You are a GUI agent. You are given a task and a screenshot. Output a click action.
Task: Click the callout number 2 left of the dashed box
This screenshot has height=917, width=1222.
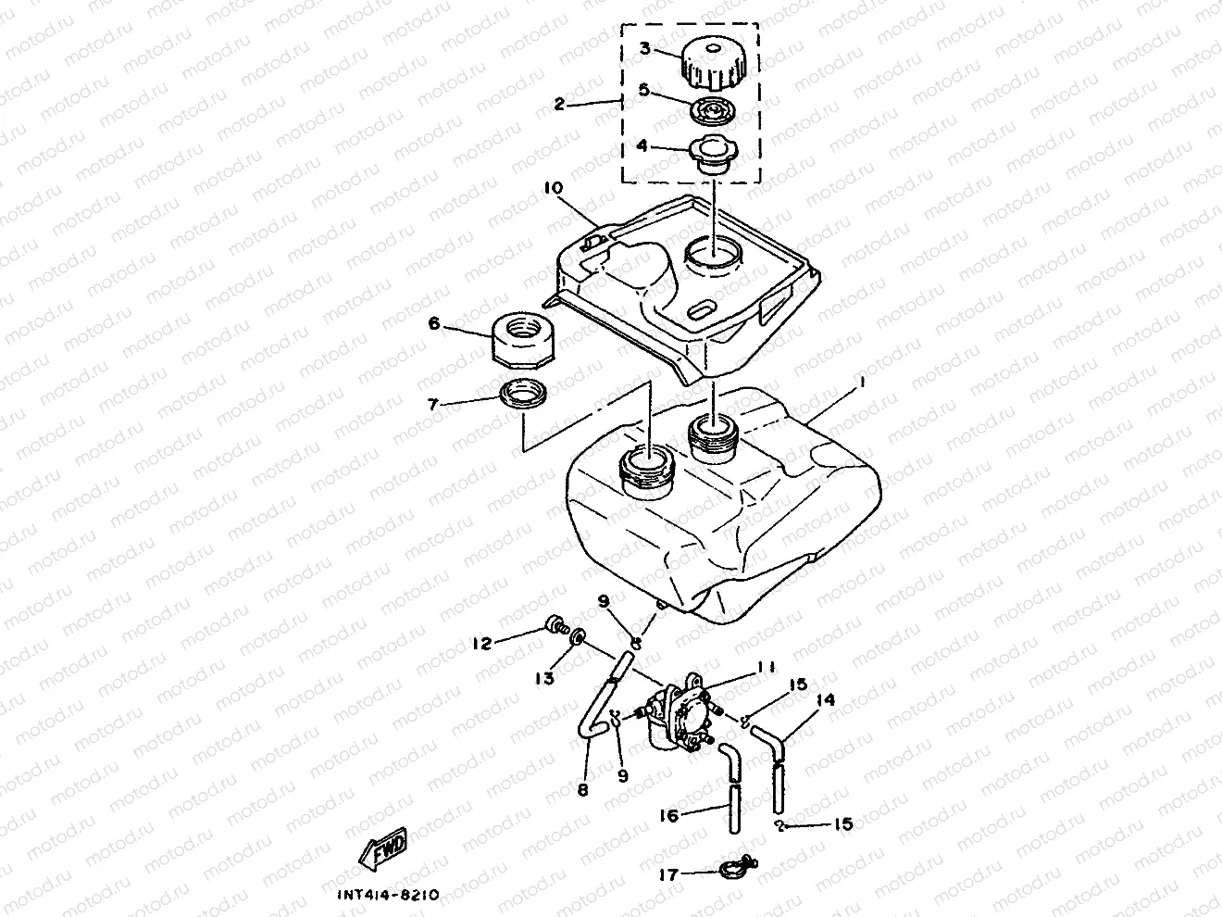[559, 104]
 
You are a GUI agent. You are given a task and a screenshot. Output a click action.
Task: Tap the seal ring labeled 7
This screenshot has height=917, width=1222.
[524, 399]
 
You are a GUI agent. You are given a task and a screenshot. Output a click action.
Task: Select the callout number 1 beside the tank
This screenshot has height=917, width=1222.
[860, 381]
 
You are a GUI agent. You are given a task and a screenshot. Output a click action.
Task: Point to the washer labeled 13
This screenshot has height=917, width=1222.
[577, 637]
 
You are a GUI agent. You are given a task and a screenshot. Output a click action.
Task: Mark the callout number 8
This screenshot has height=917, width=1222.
[581, 790]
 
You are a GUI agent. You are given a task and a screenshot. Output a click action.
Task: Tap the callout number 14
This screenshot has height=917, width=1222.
[826, 701]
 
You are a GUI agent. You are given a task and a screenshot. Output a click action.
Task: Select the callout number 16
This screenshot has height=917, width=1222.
[668, 815]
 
